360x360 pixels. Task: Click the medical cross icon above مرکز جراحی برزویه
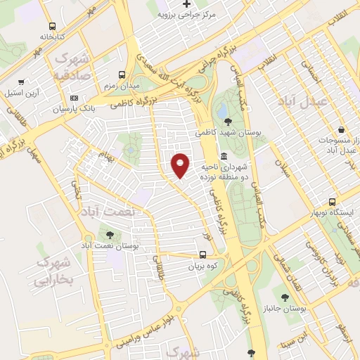(186, 4)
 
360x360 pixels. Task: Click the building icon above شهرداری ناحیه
(224, 156)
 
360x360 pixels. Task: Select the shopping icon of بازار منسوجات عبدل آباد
(340, 130)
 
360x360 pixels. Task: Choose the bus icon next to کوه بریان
(202, 255)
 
